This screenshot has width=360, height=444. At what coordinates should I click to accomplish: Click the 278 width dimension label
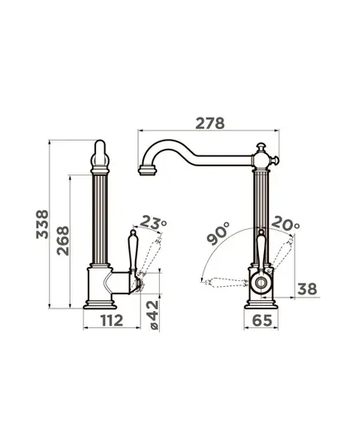tap(209, 123)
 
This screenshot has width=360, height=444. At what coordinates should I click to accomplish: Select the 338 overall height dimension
tap(42, 224)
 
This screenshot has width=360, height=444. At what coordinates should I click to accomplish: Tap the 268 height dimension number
tap(63, 241)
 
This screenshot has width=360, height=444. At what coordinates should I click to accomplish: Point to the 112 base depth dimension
tap(112, 320)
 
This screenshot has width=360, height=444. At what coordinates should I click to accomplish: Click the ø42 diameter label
tap(153, 315)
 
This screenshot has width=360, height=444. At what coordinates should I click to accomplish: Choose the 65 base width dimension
tap(262, 321)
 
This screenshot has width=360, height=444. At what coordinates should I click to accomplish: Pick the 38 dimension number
tap(307, 289)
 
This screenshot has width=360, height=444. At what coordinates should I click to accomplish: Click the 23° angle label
tap(153, 222)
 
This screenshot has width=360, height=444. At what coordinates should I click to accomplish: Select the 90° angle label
tap(218, 233)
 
